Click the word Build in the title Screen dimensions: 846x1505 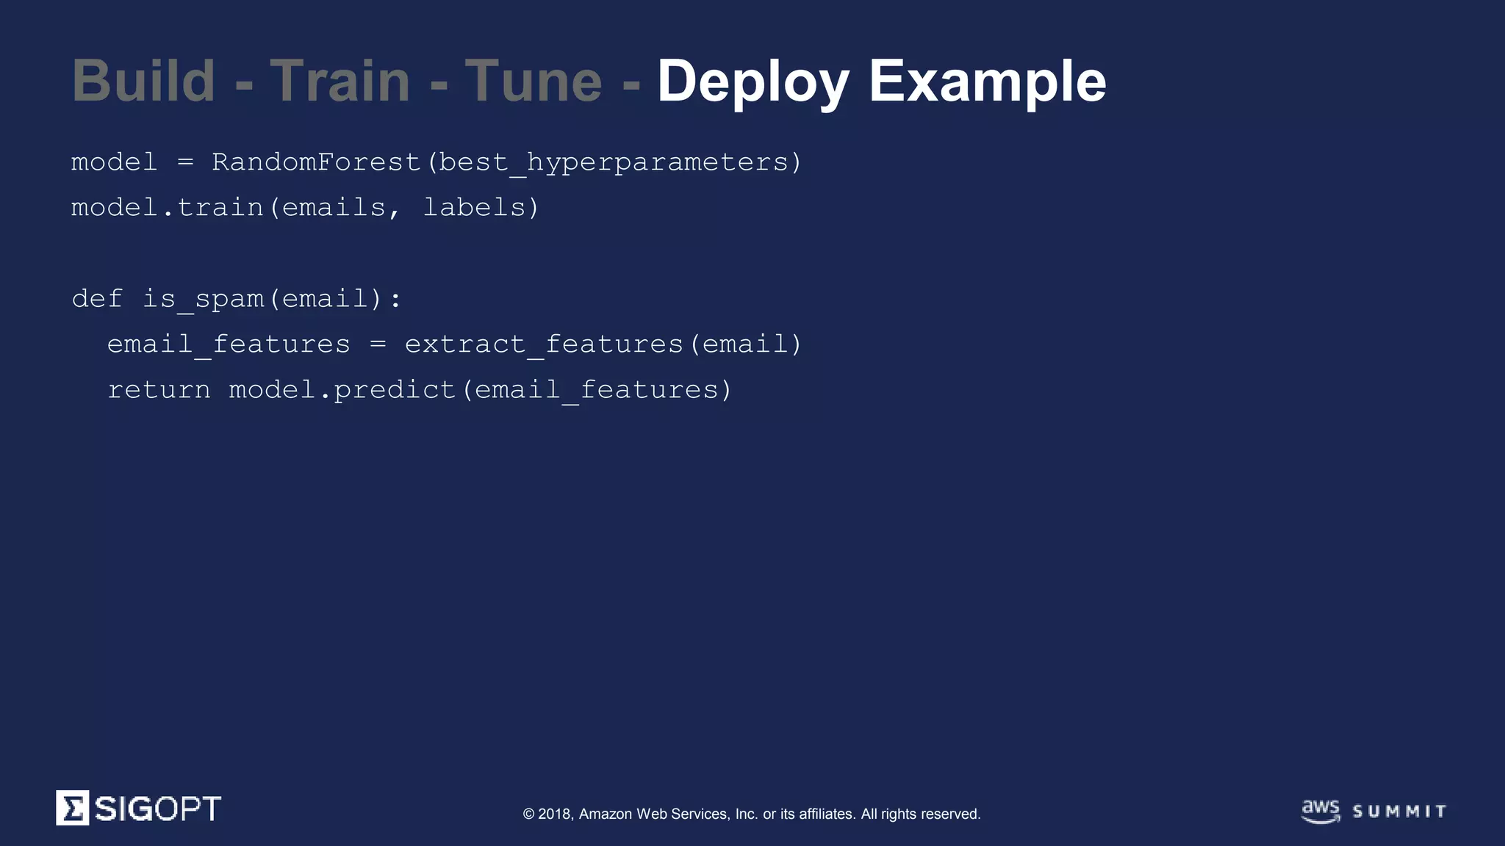coord(143,81)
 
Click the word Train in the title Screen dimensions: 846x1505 coord(340,81)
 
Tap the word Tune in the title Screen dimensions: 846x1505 coord(534,81)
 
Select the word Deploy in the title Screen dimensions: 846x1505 coord(753,82)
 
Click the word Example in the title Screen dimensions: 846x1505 coord(987,82)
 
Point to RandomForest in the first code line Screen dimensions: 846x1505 coord(315,162)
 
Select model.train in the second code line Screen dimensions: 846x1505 coord(167,208)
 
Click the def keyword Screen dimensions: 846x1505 coord(97,299)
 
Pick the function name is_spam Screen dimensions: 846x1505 coord(203,300)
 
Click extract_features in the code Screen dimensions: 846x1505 coord(544,344)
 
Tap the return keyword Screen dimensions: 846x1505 coord(159,390)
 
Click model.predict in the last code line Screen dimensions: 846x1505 coord(342,390)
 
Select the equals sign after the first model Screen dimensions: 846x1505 coord(185,162)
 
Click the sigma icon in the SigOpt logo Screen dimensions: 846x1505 coord(73,808)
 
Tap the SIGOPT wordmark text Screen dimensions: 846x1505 coord(157,809)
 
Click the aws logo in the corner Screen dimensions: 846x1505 coord(1321,811)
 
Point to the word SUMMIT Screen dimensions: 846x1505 coord(1399,811)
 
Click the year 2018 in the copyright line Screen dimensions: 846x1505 coord(555,814)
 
